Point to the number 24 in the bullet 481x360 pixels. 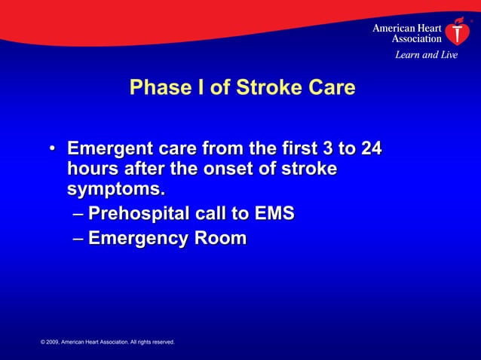(370, 148)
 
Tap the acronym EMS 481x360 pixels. (273, 215)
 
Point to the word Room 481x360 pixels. (219, 239)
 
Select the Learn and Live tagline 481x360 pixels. (426, 55)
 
